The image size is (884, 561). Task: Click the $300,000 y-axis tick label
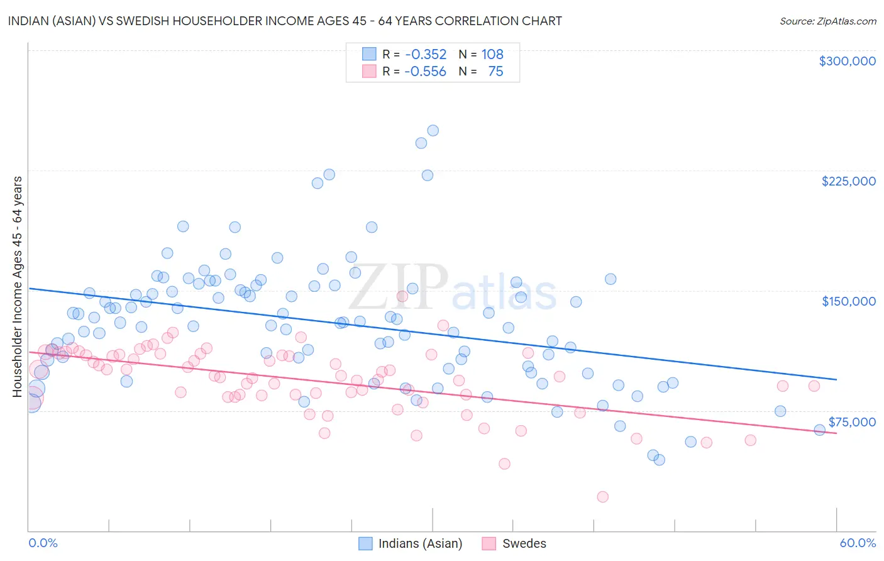[847, 61]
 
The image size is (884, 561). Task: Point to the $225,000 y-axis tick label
[848, 181]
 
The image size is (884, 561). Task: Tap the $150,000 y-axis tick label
[848, 301]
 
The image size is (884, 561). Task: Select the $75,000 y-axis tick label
[851, 422]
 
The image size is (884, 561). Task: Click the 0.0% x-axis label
[43, 543]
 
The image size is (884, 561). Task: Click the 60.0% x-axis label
[857, 543]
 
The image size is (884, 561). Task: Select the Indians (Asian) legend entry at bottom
[419, 543]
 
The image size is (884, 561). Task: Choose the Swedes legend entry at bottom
[524, 543]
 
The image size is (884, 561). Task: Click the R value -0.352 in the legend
[426, 55]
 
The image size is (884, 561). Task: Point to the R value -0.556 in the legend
[426, 72]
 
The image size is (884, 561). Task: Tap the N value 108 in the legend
[492, 55]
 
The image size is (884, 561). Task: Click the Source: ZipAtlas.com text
[827, 21]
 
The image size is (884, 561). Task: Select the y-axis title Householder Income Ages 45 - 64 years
[18, 287]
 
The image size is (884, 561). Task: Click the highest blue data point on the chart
[433, 131]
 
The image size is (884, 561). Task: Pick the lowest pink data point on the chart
[602, 497]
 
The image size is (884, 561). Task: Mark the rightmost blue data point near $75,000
[819, 430]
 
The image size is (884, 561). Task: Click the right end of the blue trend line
[836, 379]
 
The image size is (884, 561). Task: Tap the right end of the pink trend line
[836, 434]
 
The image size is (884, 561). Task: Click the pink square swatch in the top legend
[369, 72]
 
